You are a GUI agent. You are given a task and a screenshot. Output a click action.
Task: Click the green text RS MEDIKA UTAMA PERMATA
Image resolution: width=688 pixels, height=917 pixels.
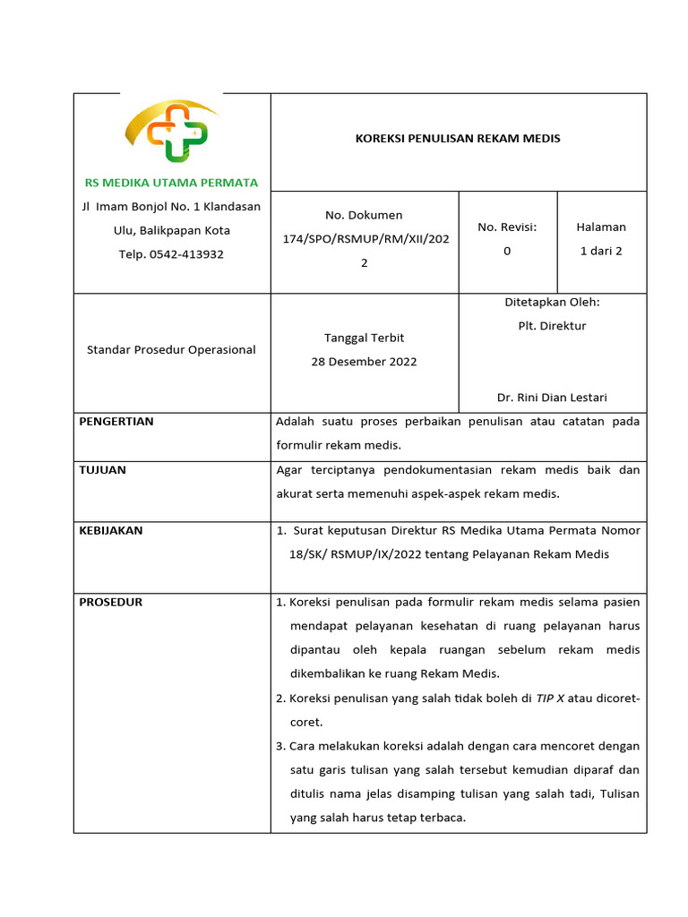[x=171, y=183]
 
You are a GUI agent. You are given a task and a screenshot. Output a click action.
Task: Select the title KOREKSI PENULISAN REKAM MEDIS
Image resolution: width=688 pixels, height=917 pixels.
[x=458, y=139]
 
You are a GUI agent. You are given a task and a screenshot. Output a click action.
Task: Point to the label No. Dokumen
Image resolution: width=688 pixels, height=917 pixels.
[x=364, y=215]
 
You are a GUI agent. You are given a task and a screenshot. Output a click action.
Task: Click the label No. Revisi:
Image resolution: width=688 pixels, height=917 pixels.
[x=507, y=227]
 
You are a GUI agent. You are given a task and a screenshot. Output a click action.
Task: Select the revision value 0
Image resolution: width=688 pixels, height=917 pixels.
[x=507, y=252]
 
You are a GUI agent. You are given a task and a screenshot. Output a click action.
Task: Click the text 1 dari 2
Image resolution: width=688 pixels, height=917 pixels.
[x=601, y=252]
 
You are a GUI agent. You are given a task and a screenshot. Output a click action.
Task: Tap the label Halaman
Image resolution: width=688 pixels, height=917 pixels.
[x=601, y=227]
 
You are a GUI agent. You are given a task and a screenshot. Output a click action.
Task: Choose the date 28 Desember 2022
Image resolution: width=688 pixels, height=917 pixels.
[x=364, y=362]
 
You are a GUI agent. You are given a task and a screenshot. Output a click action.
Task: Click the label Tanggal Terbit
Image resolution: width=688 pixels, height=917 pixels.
[x=364, y=338]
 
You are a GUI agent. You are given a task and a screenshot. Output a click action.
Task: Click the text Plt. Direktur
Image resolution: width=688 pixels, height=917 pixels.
[x=552, y=326]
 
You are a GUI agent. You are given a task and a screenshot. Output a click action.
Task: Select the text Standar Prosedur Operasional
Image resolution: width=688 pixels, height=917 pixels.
[x=171, y=350]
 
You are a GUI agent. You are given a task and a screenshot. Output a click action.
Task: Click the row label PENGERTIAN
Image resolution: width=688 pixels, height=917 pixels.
[x=116, y=422]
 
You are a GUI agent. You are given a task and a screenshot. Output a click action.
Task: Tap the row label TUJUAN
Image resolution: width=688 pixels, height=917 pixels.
[x=103, y=470]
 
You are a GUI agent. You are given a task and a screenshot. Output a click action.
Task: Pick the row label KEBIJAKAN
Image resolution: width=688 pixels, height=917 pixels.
[x=111, y=531]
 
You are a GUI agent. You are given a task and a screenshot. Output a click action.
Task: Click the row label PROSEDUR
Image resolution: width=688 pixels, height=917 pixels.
[x=111, y=603]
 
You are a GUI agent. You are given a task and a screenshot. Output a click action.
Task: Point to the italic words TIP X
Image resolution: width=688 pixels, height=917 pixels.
[x=550, y=698]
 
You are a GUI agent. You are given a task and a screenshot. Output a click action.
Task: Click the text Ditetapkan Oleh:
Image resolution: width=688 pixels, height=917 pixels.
[x=552, y=303]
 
